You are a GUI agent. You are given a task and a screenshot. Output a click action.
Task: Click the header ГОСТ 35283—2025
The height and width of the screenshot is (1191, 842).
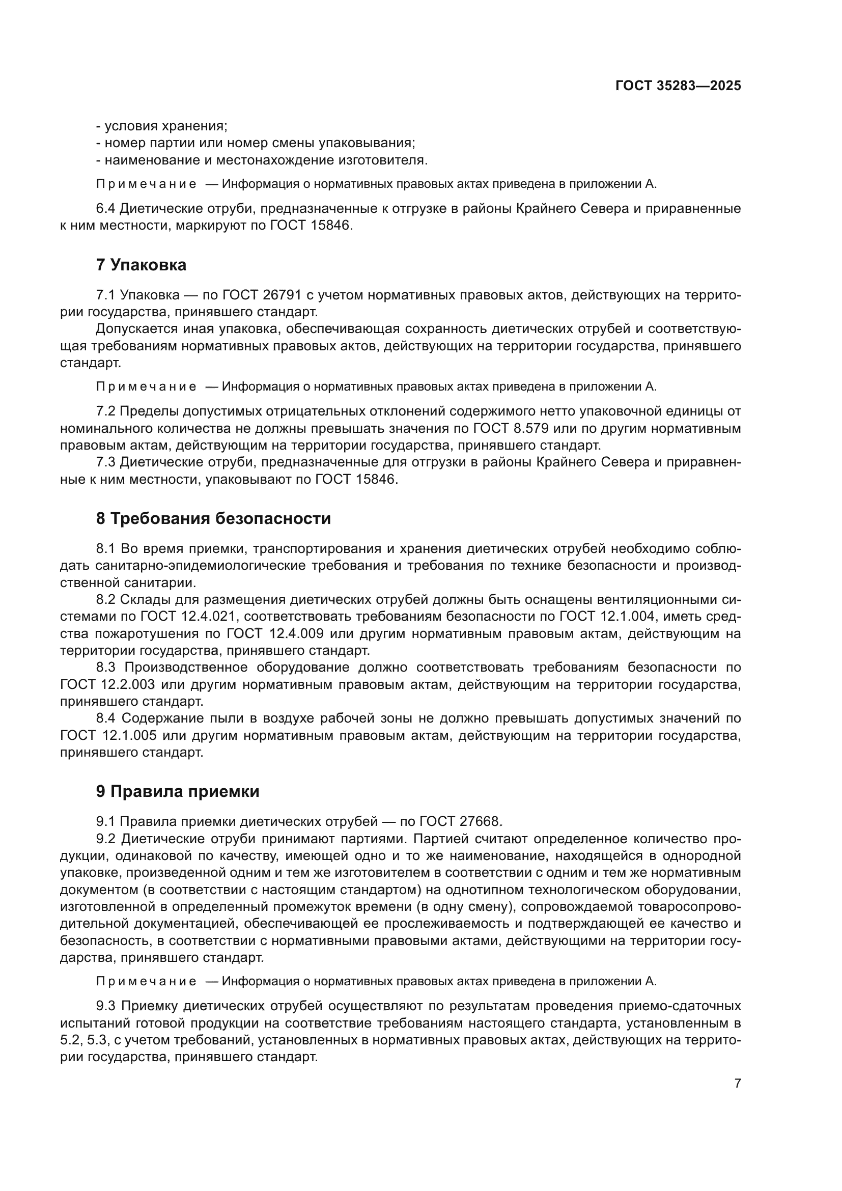[x=678, y=86]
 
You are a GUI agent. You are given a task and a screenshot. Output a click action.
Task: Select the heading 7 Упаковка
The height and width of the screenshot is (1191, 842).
[x=141, y=265]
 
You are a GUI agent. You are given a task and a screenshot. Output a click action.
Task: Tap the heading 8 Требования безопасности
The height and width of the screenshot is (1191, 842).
[x=213, y=518]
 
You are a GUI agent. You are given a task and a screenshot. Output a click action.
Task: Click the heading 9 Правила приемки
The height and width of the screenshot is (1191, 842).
[x=177, y=792]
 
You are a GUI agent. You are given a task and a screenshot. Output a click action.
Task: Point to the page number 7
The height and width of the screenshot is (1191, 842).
[x=738, y=1083]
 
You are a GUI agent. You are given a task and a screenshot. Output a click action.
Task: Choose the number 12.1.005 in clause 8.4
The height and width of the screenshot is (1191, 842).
[x=128, y=736]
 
